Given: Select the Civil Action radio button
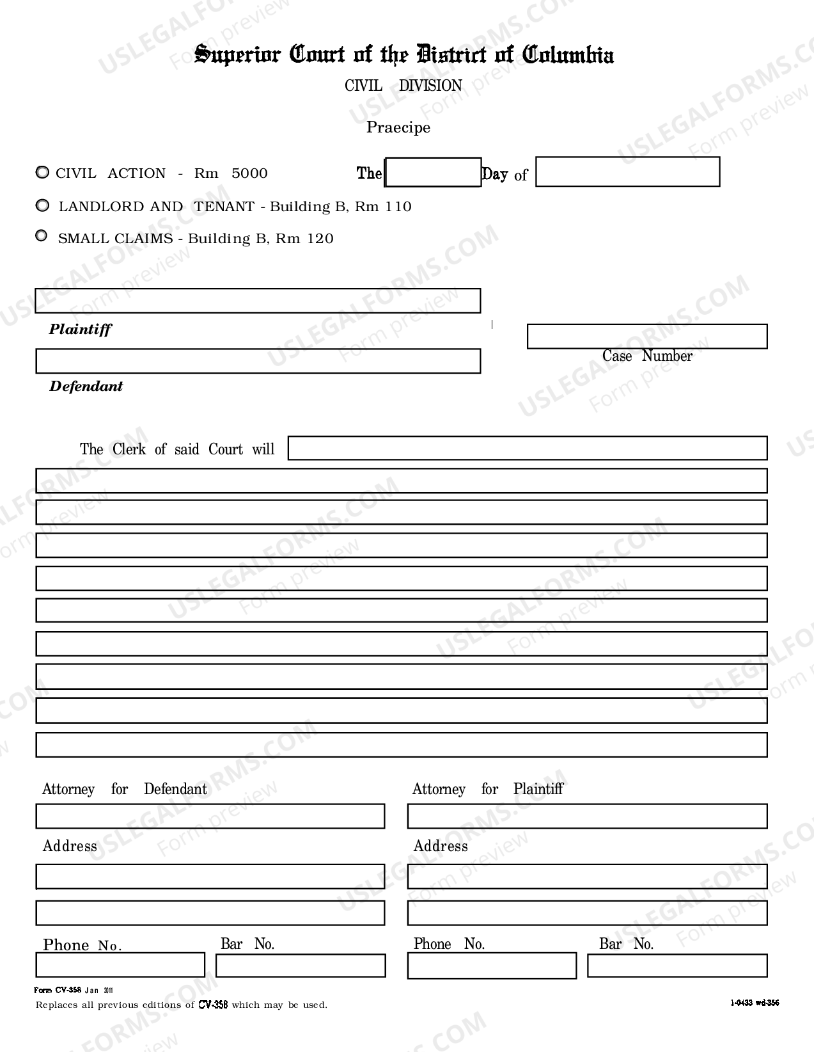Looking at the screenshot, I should coord(42,173).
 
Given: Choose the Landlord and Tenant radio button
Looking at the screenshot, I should coord(42,205).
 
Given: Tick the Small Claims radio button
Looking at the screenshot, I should coord(42,236).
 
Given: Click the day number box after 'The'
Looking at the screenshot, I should coord(433,173).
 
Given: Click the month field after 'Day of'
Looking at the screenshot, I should coord(627,172).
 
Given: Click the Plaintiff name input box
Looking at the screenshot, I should coord(258,301).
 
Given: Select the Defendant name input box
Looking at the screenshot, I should coord(258,361).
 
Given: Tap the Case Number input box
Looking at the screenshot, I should coord(646,337).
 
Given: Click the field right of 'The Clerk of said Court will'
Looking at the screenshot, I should coord(528,448).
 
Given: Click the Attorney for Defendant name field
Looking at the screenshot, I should coord(210,817).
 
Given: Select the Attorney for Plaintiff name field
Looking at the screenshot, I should coord(587,817).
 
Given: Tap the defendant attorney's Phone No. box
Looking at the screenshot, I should coord(120,965).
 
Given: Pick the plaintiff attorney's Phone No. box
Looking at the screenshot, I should coord(492,966).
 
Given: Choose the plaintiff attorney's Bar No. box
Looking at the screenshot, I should coord(677,966).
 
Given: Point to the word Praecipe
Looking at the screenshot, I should coord(398,127).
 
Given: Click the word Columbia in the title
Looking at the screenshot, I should coord(568,55).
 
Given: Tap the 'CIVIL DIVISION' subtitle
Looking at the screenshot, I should coord(403,86).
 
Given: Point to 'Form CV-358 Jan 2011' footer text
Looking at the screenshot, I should coord(74,991).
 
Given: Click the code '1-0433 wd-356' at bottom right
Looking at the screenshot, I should coord(755,1003).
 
